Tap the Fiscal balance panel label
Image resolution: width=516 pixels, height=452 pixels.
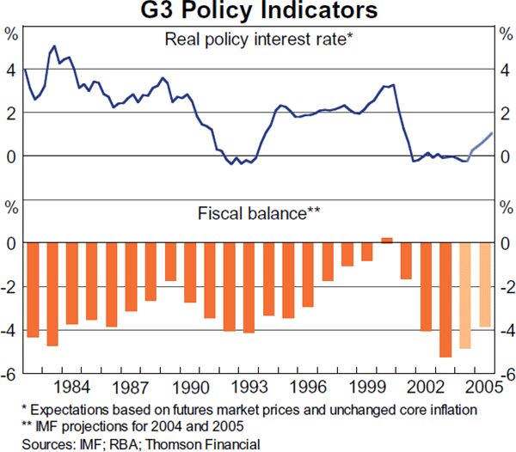[259, 211]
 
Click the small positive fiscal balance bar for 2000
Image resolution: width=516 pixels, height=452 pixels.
[386, 241]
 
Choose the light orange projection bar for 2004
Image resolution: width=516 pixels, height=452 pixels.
[465, 296]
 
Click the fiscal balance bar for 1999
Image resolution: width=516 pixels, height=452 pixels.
[367, 253]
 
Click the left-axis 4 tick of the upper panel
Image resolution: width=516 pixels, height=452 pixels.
[12, 70]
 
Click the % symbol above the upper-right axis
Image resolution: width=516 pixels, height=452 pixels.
[503, 35]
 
